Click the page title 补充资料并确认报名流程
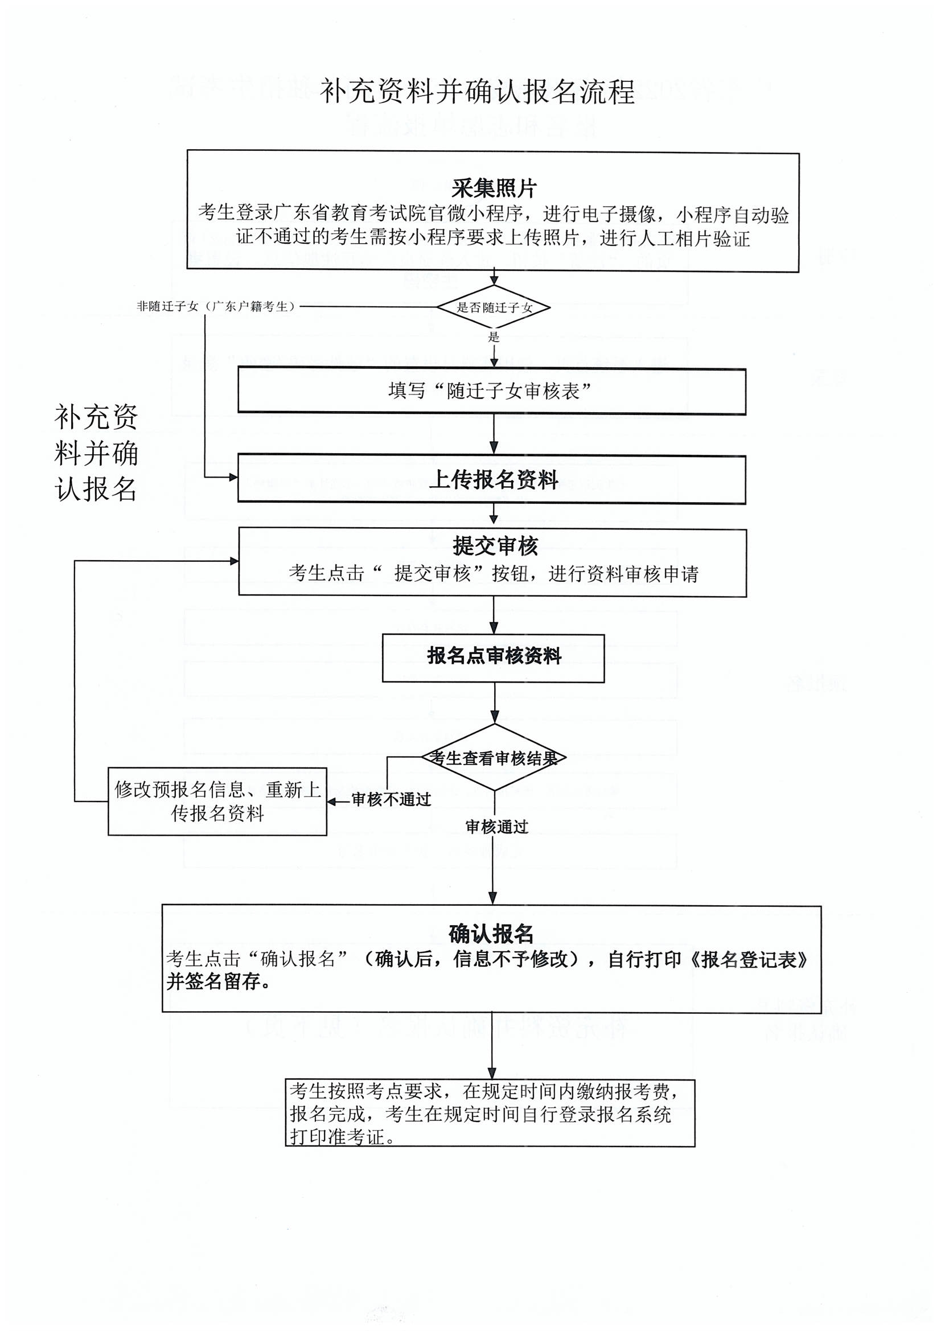click(476, 92)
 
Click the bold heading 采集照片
click(494, 188)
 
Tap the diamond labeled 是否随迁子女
click(494, 307)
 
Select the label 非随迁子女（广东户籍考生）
click(216, 307)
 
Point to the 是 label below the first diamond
click(494, 337)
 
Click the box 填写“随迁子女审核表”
click(491, 391)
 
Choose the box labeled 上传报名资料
click(492, 479)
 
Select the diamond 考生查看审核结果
click(494, 758)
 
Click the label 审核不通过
click(391, 799)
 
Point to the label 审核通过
click(497, 827)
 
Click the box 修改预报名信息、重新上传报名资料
click(217, 801)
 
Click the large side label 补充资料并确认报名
click(96, 453)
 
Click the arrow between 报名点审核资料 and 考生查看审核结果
click(495, 703)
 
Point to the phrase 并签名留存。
click(219, 983)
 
